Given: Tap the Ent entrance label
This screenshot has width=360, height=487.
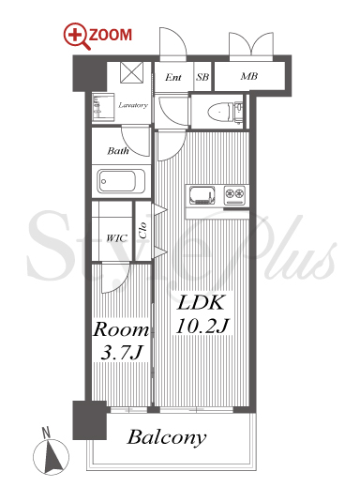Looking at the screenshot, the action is (x=173, y=77).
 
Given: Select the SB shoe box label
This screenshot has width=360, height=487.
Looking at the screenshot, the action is (x=202, y=77).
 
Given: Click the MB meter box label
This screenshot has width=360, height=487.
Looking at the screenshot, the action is (x=249, y=76).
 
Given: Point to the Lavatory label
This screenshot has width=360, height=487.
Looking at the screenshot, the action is (x=133, y=105).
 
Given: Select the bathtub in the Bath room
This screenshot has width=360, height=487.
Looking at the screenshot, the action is (x=121, y=181).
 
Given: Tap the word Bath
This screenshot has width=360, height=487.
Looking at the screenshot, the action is (x=118, y=151).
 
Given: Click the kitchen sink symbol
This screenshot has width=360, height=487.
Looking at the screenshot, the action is (x=202, y=195).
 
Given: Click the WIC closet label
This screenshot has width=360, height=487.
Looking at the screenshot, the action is (x=116, y=238).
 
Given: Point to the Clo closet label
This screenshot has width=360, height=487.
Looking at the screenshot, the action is (x=143, y=230).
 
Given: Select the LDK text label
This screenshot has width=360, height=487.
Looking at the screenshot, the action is (x=201, y=303).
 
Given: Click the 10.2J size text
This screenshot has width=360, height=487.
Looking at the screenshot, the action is (x=202, y=326).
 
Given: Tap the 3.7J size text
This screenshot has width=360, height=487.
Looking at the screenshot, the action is (x=121, y=353).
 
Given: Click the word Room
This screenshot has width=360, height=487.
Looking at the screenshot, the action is (x=121, y=329).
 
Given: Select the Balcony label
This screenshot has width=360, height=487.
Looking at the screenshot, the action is (x=167, y=438).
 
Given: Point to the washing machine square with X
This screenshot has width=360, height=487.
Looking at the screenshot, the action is (x=132, y=72).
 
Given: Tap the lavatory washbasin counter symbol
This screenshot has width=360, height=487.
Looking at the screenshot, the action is (x=103, y=107).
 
